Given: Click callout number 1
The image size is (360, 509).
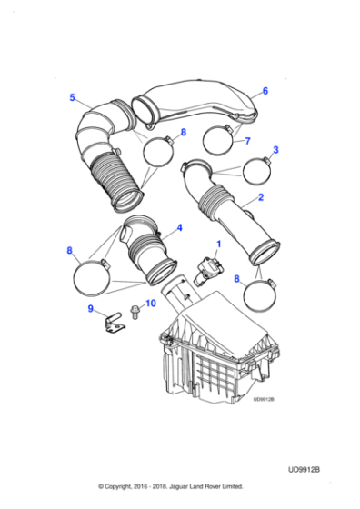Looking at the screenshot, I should pos(218,244).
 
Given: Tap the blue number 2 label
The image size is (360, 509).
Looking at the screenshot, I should pos(260,196).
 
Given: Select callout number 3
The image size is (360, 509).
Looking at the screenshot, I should pos(276,150).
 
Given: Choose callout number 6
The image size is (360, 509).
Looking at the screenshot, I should pos(265,90).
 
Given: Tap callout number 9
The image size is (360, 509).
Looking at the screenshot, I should pos(91,310).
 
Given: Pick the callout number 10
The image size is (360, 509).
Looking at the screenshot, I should pos(151,303).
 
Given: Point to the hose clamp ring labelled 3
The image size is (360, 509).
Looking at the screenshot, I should pos(255,170).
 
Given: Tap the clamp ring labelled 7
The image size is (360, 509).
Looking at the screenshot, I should pos(218,139).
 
